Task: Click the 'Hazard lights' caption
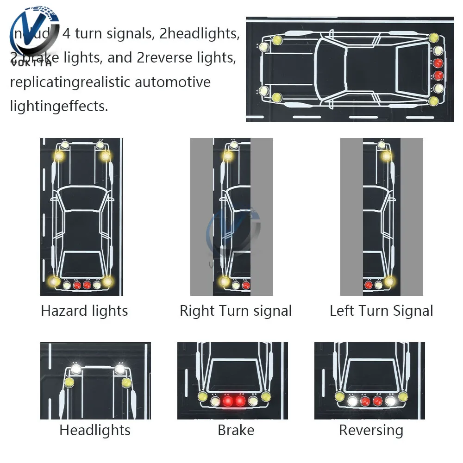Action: [x=84, y=310]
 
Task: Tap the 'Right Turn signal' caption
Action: [x=236, y=310]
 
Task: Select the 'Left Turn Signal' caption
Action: [x=382, y=310]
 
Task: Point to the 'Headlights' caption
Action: [x=95, y=430]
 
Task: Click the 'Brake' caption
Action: [x=236, y=430]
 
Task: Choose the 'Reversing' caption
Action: [x=371, y=430]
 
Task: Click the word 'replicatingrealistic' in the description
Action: [x=70, y=82]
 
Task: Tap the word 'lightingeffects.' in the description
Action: [x=59, y=106]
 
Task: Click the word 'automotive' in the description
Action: [x=173, y=82]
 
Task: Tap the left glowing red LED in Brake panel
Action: [x=227, y=400]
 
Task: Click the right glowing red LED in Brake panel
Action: [x=240, y=400]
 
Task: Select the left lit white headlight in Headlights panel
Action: [x=76, y=369]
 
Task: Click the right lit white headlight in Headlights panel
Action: [x=120, y=369]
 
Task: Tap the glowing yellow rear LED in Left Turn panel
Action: [x=389, y=281]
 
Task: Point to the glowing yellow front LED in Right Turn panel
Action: [x=228, y=156]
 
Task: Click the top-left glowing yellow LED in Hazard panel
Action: [x=59, y=156]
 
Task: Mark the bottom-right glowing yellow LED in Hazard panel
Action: [x=107, y=281]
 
